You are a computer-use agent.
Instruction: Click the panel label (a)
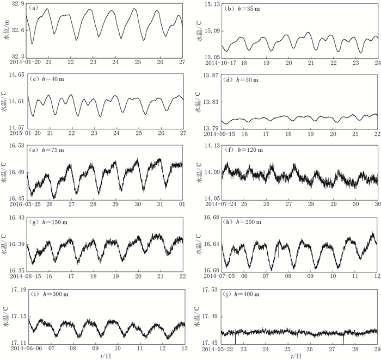tap(33, 8)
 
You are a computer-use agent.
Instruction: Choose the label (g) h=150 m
tap(47, 222)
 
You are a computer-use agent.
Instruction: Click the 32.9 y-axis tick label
tap(18, 4)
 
